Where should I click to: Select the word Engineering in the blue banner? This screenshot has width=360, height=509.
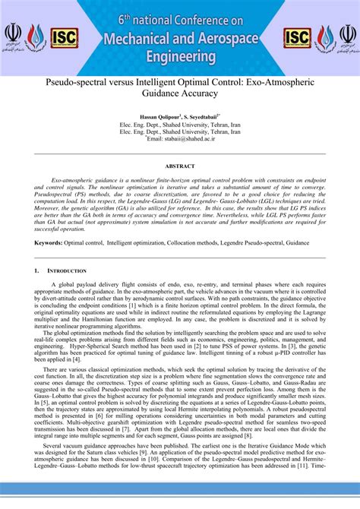click(x=180, y=56)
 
